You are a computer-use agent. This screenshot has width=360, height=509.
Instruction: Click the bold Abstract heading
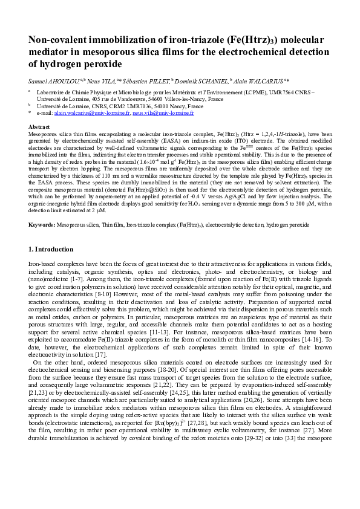(x=39, y=126)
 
